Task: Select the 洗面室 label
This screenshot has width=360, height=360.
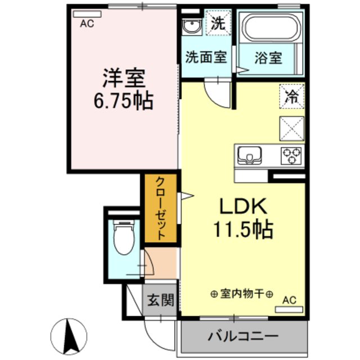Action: pyautogui.click(x=206, y=58)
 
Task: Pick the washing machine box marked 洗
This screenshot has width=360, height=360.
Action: pyautogui.click(x=218, y=24)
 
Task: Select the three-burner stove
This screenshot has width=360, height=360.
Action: pyautogui.click(x=292, y=154)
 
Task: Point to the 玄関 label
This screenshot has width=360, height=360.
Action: pyautogui.click(x=160, y=300)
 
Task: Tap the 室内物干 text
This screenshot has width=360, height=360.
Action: pyautogui.click(x=242, y=294)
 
